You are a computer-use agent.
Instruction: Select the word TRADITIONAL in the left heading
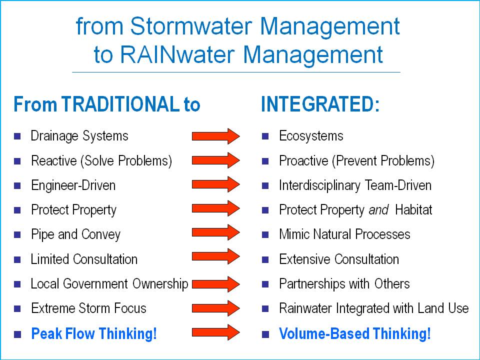point(119,104)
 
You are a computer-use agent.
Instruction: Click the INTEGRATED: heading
point(320,104)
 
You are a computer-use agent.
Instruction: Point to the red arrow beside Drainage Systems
point(216,136)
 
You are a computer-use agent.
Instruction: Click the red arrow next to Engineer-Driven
point(216,185)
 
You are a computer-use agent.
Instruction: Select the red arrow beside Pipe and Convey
point(216,233)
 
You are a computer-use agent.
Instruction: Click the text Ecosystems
point(311,136)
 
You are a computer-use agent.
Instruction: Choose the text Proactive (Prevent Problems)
point(356,161)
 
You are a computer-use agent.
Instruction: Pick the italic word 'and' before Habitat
point(378,210)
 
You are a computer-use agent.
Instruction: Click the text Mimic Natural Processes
point(344,234)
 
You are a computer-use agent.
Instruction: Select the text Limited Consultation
point(84,259)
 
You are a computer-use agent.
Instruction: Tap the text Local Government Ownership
point(109,284)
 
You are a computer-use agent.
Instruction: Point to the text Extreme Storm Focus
point(88,308)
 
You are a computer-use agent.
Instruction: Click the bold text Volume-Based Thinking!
point(354,333)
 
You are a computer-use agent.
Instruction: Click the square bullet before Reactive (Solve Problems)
point(17,161)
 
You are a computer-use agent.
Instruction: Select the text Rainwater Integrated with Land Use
point(373,308)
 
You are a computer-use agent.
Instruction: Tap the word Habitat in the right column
point(413,210)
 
